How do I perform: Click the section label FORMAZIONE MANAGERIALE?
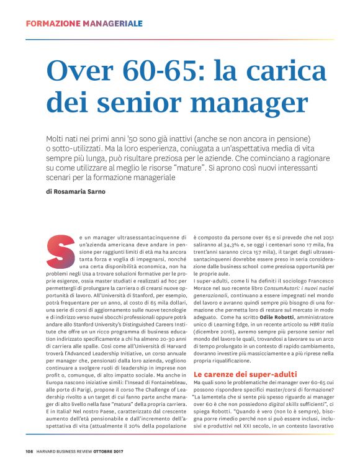84,24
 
